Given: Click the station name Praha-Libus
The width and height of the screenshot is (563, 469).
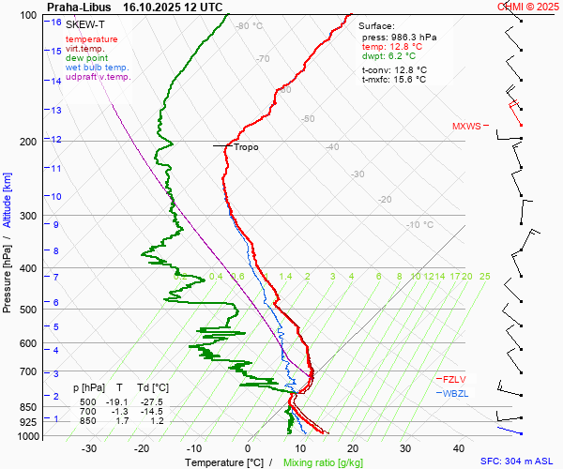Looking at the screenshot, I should click(79, 7).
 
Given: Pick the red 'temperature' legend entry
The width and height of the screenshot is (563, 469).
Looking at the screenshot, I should click(92, 39).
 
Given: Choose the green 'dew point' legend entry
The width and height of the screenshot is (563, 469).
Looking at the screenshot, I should click(87, 58).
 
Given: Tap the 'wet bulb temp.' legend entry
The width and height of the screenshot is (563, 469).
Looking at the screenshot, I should click(98, 68).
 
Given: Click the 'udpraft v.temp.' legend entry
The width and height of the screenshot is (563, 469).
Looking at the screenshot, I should click(99, 77).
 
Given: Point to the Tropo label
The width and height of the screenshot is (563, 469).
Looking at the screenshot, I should click(246, 147).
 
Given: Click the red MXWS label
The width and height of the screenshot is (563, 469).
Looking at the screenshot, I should click(467, 126).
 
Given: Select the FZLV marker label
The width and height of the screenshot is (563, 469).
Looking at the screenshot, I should click(454, 379).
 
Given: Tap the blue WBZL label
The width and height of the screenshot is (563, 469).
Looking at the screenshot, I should click(455, 392).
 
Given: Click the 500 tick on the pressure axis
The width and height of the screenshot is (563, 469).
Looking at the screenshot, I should click(32, 310).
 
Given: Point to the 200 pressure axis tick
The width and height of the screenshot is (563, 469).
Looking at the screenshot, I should click(32, 142).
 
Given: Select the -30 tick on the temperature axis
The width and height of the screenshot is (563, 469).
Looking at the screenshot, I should click(89, 448).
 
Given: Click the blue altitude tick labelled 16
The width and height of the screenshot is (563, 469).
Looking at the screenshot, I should click(56, 22).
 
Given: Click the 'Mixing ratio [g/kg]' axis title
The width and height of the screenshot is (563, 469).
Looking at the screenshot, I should click(324, 462).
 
